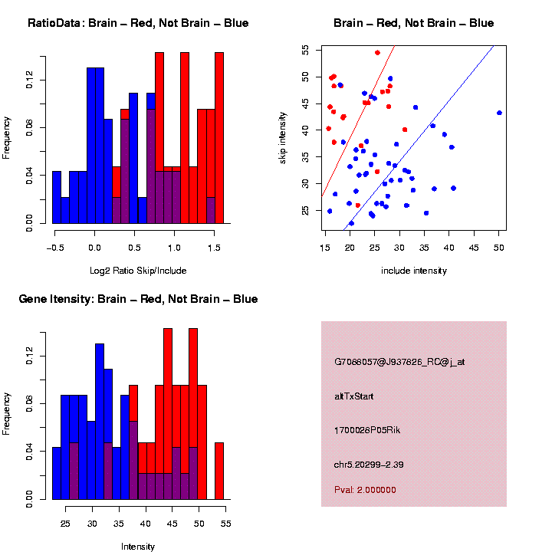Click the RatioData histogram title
click(x=138, y=23)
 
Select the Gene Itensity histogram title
click(x=138, y=298)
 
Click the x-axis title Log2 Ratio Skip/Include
click(x=138, y=271)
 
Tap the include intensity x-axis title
click(x=414, y=271)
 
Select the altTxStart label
click(x=354, y=396)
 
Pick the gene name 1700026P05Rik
click(x=367, y=430)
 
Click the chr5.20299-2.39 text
click(x=369, y=465)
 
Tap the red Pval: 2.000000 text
click(x=365, y=490)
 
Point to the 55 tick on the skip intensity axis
click(x=305, y=50)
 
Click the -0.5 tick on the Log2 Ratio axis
click(x=53, y=247)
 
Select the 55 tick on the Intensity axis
click(x=226, y=524)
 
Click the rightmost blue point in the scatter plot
click(x=499, y=113)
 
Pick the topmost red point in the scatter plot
click(x=377, y=52)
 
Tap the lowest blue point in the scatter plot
click(x=351, y=224)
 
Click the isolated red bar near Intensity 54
click(x=219, y=471)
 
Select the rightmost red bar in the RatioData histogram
click(x=219, y=138)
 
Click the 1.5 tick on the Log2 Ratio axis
click(x=214, y=247)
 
